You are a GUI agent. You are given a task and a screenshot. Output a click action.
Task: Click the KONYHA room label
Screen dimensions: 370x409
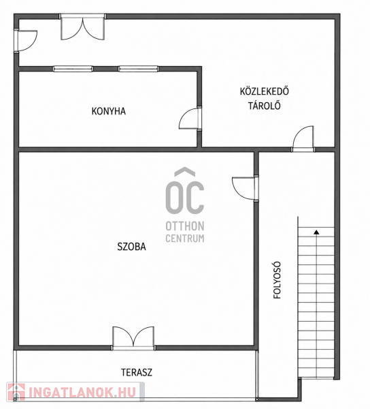tap(109, 111)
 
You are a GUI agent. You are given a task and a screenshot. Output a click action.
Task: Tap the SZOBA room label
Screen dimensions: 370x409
tap(131, 247)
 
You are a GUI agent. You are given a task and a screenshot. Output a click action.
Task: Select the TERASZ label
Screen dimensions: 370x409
tap(137, 372)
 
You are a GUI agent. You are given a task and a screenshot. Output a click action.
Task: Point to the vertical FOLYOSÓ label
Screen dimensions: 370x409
tap(277, 280)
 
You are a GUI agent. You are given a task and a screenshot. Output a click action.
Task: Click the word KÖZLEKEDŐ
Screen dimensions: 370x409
tap(265, 91)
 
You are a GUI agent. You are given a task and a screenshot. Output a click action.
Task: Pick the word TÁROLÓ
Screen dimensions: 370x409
tap(265, 106)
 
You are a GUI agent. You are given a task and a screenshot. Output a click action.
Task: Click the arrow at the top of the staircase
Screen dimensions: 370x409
tap(316, 232)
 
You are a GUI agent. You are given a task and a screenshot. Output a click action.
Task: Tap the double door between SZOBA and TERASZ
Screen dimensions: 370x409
tap(133, 337)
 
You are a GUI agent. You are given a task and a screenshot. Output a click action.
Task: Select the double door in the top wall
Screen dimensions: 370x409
tap(83, 28)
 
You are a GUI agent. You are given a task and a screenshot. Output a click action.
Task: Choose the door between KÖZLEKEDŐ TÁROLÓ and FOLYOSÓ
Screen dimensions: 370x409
tap(303, 138)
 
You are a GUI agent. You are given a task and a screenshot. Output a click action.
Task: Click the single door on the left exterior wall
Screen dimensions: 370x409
tap(27, 41)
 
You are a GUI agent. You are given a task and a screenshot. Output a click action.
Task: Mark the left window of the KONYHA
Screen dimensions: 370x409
tap(73, 69)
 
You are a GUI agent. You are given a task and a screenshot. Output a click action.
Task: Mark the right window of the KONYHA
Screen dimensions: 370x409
tap(139, 69)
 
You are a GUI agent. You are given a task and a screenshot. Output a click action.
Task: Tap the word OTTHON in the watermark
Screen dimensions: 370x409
tap(185, 226)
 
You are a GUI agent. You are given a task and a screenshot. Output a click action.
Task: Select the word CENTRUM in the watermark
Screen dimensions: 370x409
tap(185, 238)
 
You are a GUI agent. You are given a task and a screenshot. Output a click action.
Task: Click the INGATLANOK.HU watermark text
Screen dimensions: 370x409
tap(82, 393)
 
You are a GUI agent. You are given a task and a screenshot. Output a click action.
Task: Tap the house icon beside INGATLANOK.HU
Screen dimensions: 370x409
tap(16, 392)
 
